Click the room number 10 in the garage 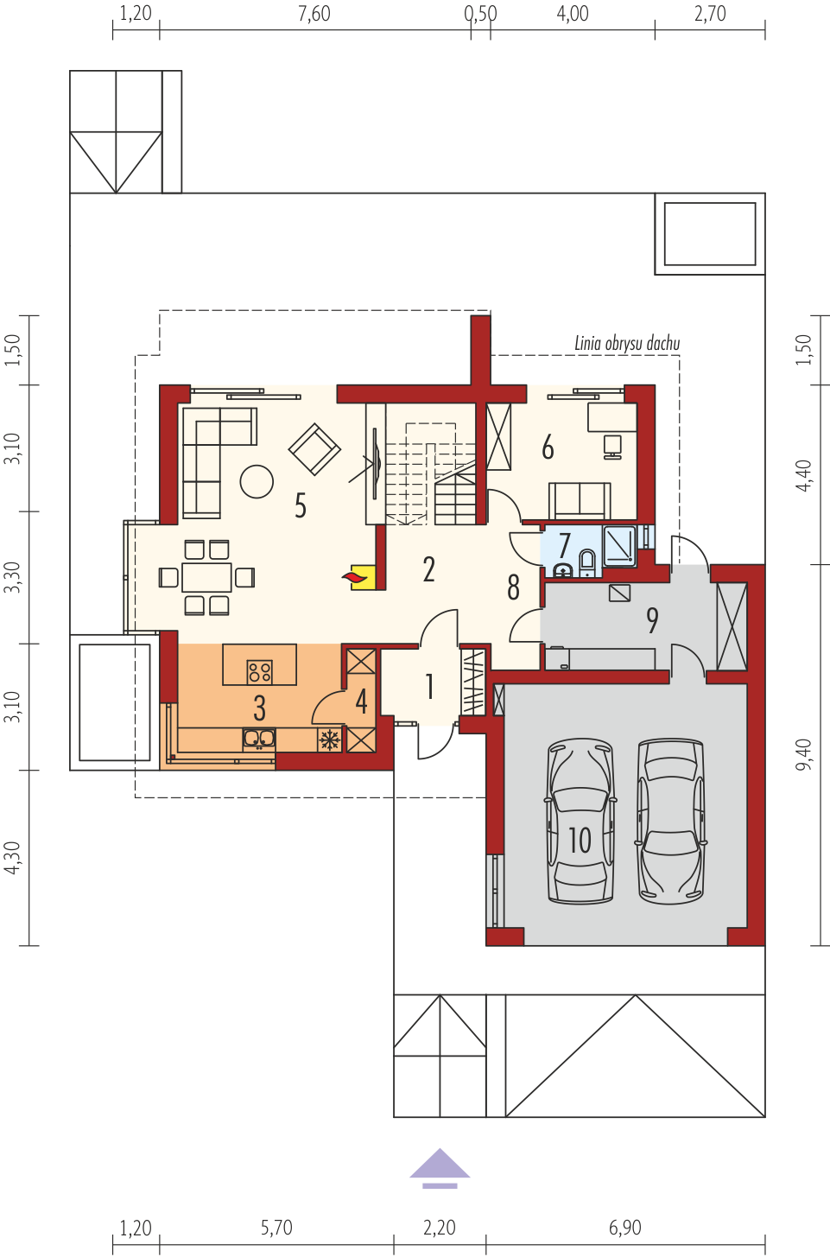[x=580, y=840]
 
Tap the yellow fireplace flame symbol [x=359, y=577]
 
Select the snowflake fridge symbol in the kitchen [x=329, y=740]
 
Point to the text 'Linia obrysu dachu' [x=627, y=344]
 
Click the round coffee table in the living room [x=257, y=481]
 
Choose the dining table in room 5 [x=206, y=577]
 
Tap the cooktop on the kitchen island [x=260, y=672]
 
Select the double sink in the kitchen [x=259, y=739]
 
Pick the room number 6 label [x=548, y=448]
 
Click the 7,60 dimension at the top [x=314, y=14]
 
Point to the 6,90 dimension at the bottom [x=624, y=1228]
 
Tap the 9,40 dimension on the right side [x=803, y=755]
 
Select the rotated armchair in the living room [x=314, y=449]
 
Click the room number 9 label [x=651, y=620]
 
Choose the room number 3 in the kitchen [x=259, y=708]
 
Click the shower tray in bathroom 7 [x=619, y=545]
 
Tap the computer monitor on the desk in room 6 [x=612, y=446]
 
